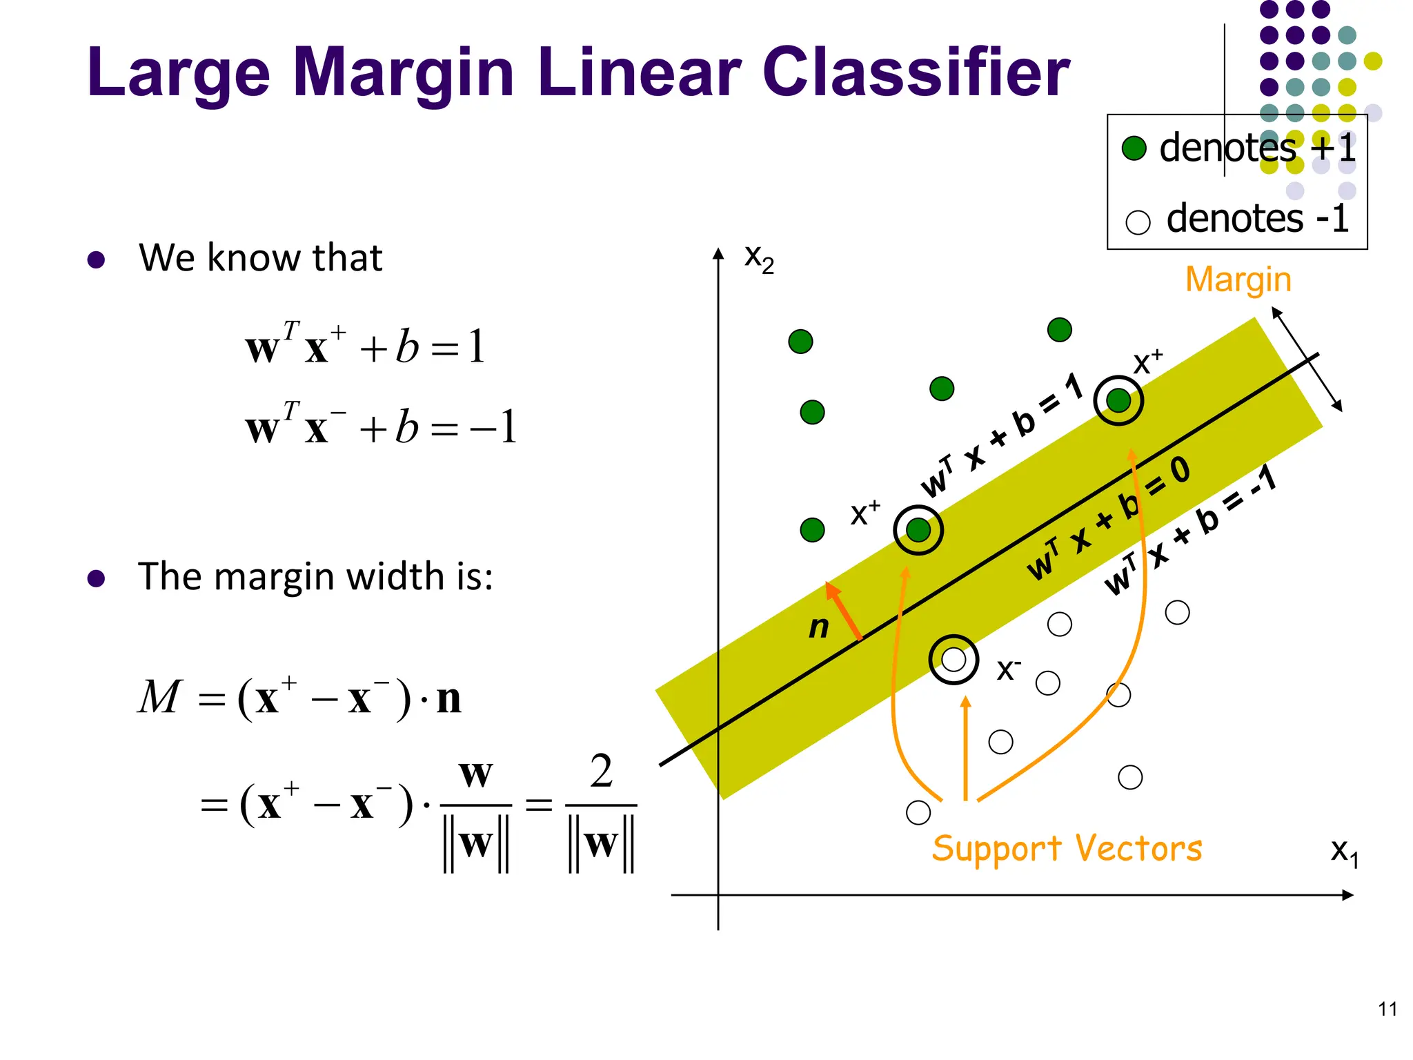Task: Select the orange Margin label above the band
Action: tap(1238, 280)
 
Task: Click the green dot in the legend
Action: tap(1134, 148)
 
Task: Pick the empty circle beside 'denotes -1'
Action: tap(1138, 222)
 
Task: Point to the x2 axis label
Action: tap(759, 258)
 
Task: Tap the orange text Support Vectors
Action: tap(1067, 848)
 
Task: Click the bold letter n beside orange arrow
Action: tap(818, 627)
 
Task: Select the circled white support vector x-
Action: tap(953, 660)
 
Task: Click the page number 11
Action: tap(1387, 1009)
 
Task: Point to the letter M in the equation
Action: tap(160, 697)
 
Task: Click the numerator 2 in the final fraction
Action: tap(601, 772)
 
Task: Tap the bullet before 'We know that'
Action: tap(97, 259)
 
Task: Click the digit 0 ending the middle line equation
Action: tap(1180, 471)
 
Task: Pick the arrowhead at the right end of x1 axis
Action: tap(1347, 895)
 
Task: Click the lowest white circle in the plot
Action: tap(918, 812)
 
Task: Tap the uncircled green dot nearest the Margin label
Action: tap(1059, 330)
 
